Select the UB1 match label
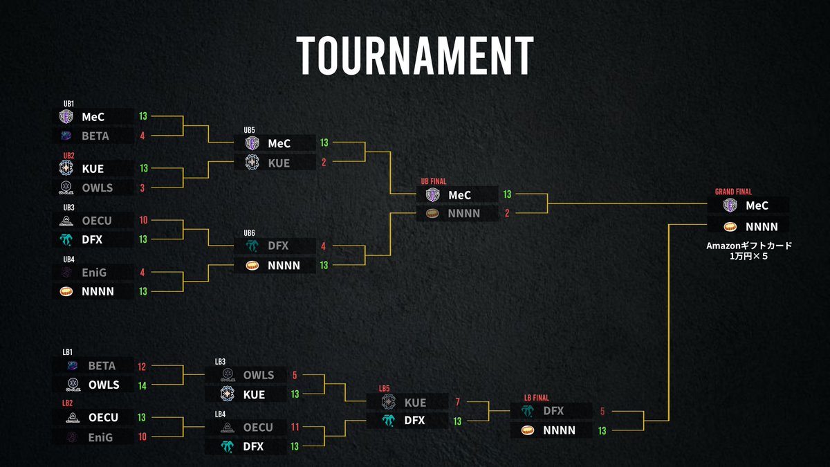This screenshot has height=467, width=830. (x=68, y=103)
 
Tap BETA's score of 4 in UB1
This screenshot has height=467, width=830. (x=142, y=136)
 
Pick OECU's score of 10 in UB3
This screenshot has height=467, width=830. (x=143, y=221)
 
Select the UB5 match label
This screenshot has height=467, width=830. (x=250, y=129)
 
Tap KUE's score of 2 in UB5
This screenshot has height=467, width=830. (x=324, y=163)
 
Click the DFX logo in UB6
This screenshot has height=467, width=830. (x=252, y=246)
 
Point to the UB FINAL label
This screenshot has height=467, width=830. (x=434, y=181)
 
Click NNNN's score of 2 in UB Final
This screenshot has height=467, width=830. (x=507, y=214)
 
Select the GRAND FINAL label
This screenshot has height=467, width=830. (x=733, y=192)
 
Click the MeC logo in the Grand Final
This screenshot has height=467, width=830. (x=730, y=206)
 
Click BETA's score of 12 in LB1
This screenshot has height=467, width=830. (x=142, y=366)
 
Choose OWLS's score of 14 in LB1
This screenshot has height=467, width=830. (x=142, y=385)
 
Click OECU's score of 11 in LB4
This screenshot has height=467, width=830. (x=295, y=428)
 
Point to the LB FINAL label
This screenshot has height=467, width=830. (x=536, y=397)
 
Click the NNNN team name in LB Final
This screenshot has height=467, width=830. (x=559, y=430)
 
